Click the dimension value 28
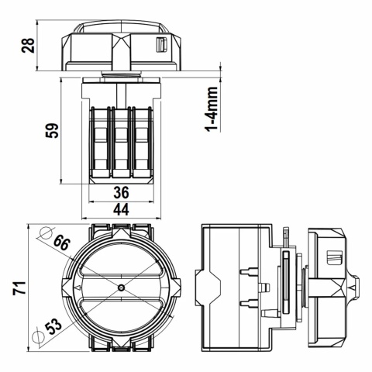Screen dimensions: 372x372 [x=29, y=46]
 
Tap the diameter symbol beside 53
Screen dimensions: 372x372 [x=37, y=335]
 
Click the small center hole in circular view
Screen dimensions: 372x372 [x=122, y=288]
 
